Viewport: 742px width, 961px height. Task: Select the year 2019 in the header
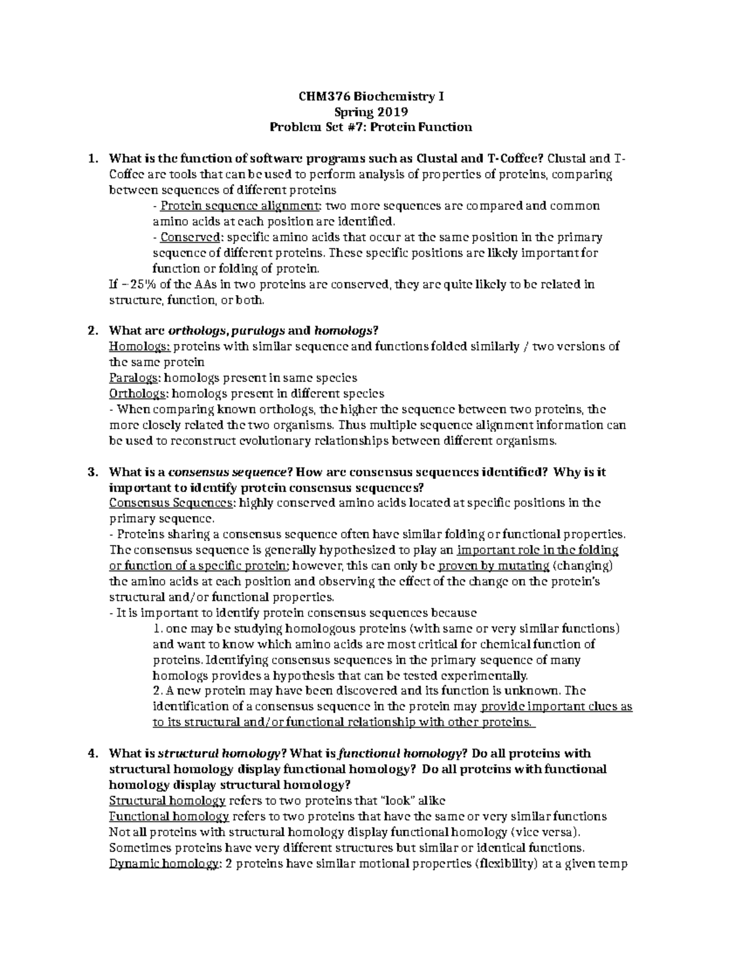click(x=388, y=112)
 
